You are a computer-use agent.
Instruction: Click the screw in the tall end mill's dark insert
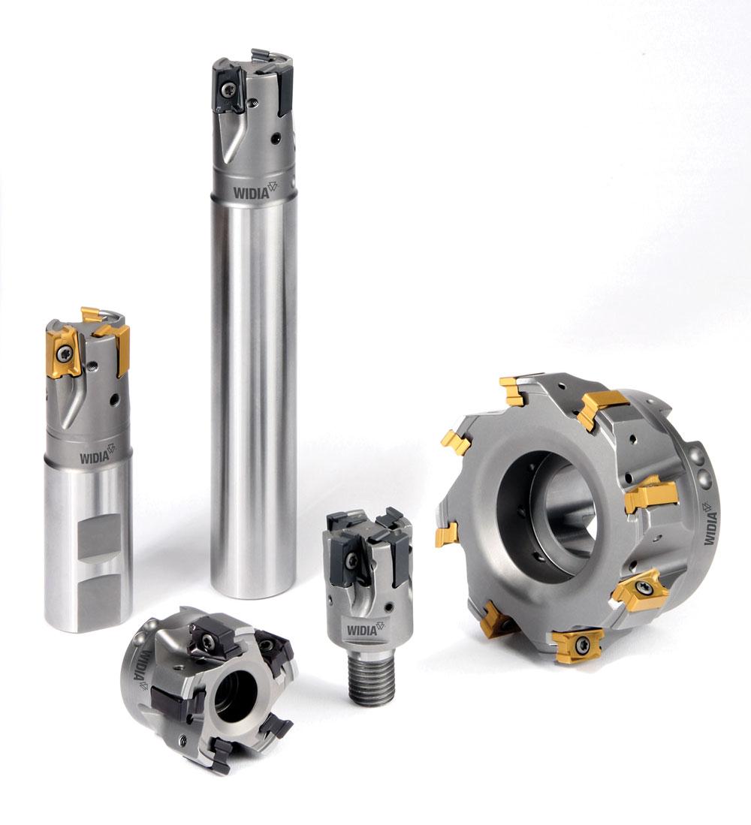coord(228,88)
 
